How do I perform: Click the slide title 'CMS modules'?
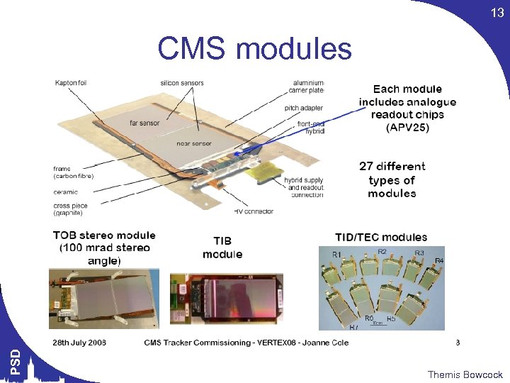click(x=254, y=49)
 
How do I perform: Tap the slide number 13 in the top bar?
click(x=497, y=13)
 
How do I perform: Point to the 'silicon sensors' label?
click(x=182, y=83)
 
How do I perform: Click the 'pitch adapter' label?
click(x=304, y=108)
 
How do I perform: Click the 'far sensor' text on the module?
click(x=144, y=123)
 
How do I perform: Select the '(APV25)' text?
click(x=407, y=128)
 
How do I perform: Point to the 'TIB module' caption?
click(x=222, y=248)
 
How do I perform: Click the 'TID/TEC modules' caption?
click(x=381, y=237)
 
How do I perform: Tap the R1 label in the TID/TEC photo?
click(x=337, y=254)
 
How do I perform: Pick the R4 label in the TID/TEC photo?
click(x=439, y=260)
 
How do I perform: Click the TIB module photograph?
click(x=227, y=301)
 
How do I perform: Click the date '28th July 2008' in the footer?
click(x=79, y=343)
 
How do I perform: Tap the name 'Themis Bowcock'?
click(x=465, y=374)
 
